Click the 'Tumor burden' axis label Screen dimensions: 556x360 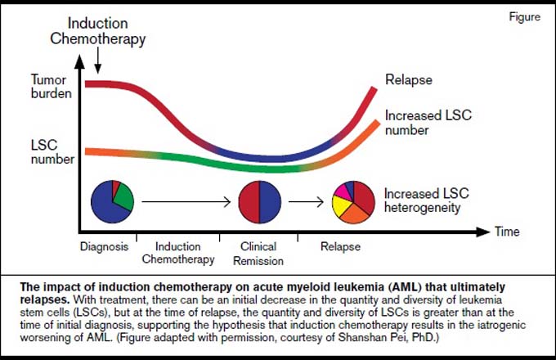pos(51,86)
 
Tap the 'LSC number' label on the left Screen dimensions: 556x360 pos(52,152)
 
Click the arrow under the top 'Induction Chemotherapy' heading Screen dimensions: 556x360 pos(98,61)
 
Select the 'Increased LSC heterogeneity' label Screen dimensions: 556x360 pos(427,200)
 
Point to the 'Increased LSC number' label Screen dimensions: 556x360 pos(428,123)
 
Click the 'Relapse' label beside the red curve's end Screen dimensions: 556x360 pos(409,80)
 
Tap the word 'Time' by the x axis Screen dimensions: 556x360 pos(507,232)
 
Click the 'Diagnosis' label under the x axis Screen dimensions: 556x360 pos(104,246)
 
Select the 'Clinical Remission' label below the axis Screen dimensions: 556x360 pos(258,254)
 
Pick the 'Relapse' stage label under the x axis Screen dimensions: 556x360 pos(340,246)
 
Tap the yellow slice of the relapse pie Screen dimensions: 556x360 pos(341,206)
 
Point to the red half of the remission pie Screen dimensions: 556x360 pos(249,202)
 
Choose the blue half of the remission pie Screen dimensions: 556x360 pos(270,202)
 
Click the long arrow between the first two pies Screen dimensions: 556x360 pos(186,202)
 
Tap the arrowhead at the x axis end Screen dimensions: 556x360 pos(484,232)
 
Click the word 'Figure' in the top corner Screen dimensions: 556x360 pos(524,16)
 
